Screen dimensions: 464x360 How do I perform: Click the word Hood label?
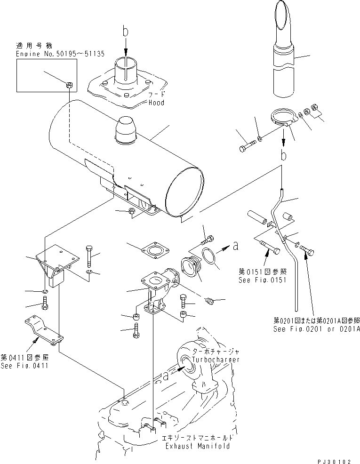click(156, 103)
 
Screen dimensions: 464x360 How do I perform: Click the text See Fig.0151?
click(264, 278)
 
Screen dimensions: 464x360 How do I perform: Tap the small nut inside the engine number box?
click(69, 85)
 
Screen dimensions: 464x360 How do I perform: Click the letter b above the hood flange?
click(125, 32)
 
